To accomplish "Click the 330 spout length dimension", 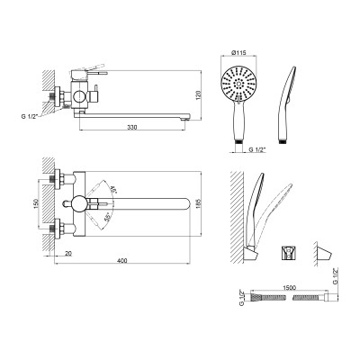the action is (132, 127).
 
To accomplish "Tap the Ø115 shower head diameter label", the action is (238, 53).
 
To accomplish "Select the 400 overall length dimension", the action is (122, 261).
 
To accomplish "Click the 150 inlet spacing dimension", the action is (36, 203).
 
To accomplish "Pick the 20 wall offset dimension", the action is (68, 254).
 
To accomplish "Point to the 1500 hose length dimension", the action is (289, 288).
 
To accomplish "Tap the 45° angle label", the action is (113, 190).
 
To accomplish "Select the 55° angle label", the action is (107, 217).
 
